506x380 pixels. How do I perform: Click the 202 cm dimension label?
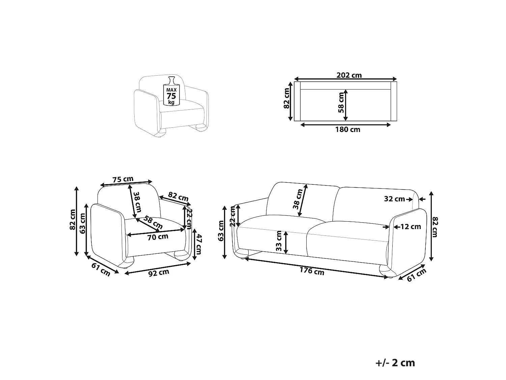349,75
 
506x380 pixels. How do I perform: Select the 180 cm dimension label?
348,130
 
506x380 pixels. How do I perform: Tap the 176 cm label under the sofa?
312,271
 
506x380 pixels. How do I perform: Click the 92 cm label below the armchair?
159,273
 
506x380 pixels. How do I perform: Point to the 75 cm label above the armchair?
123,179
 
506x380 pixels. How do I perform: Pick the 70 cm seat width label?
158,237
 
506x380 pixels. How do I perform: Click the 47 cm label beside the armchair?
198,244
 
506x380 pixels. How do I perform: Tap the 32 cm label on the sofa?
394,199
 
